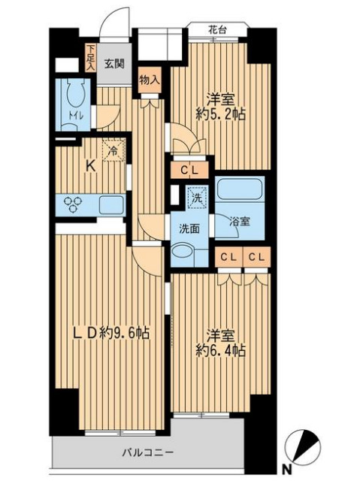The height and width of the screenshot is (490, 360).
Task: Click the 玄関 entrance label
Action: (114, 64)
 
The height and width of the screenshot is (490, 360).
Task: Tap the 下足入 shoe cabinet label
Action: (90, 59)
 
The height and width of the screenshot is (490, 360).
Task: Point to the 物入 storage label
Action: (149, 78)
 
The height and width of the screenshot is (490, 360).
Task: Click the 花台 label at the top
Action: (217, 30)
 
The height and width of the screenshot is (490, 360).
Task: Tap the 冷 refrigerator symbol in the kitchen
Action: (112, 150)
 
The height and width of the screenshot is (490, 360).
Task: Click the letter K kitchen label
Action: (89, 167)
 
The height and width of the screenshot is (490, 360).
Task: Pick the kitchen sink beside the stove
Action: (112, 203)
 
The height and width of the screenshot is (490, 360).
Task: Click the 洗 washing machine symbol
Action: (195, 197)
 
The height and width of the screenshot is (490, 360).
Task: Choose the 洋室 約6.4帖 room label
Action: (222, 342)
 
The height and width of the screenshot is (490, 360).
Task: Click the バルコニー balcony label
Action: (149, 453)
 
